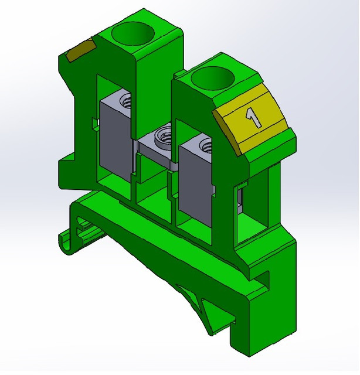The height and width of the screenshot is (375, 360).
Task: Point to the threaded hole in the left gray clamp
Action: (x=125, y=101)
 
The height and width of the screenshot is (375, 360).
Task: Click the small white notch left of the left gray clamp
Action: (x=94, y=122)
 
